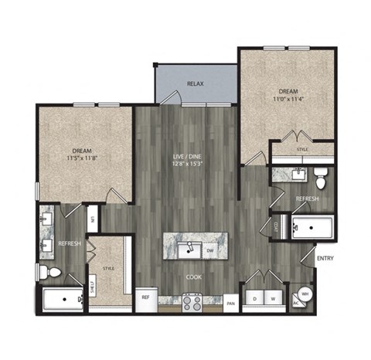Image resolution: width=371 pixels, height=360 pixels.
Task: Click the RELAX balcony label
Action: (195, 83)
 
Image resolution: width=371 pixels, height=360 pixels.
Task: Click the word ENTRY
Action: (325, 258)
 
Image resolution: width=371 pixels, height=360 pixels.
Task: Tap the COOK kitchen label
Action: (193, 276)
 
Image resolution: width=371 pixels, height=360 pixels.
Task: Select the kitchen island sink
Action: (186, 250)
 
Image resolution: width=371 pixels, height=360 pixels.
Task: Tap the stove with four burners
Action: (193, 303)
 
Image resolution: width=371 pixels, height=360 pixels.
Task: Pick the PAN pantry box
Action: (230, 304)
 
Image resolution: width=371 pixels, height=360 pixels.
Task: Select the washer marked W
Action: (272, 297)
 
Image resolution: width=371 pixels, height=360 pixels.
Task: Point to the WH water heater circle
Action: (305, 294)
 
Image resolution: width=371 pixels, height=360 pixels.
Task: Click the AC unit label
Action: (297, 304)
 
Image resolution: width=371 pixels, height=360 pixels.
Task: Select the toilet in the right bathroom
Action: (322, 177)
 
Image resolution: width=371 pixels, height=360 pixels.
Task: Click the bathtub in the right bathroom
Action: (311, 228)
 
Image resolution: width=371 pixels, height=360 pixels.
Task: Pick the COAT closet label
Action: (276, 226)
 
